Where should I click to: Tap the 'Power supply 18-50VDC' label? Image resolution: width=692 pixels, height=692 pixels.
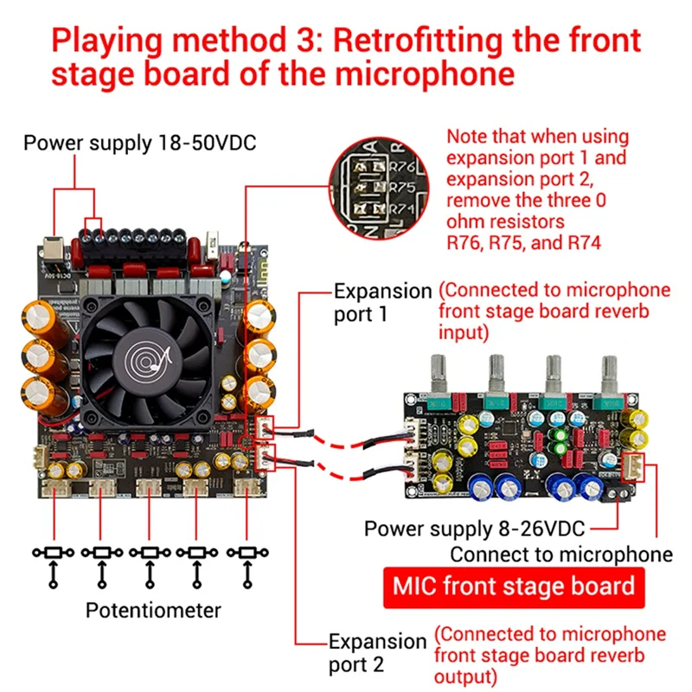(x=139, y=142)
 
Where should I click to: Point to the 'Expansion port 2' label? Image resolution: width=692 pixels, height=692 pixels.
(x=378, y=653)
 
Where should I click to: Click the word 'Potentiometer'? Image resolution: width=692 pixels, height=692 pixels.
(x=153, y=610)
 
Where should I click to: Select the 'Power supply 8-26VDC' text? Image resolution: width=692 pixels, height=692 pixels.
(x=475, y=528)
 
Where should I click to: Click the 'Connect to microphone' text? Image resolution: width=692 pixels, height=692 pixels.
(x=561, y=554)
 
